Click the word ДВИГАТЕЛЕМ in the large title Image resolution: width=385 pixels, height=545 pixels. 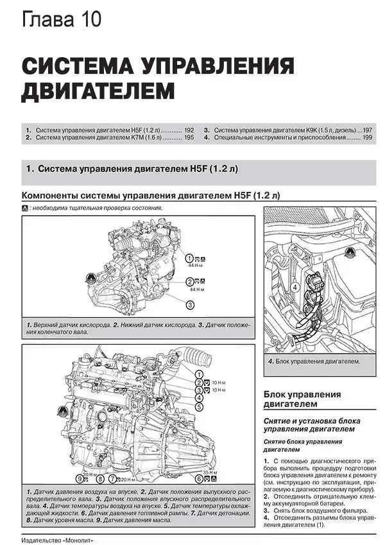coord(98,90)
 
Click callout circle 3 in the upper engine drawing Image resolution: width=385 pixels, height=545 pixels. coord(191,304)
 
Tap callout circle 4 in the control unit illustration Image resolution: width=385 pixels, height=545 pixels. coord(295,288)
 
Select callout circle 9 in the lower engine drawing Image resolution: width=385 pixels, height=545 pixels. coord(80,478)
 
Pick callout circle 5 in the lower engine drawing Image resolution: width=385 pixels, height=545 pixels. coord(199,407)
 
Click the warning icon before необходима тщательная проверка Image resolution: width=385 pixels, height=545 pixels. coord(25,209)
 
